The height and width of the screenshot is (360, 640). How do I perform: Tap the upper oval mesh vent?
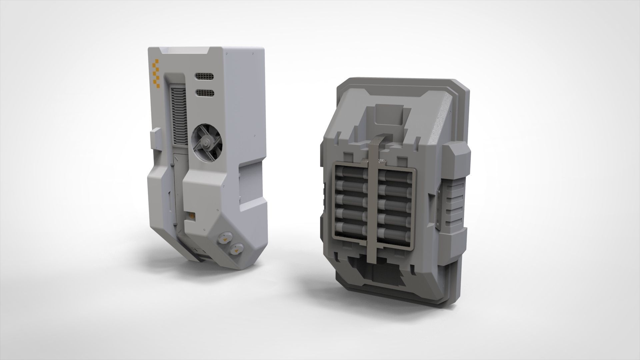point(204,77)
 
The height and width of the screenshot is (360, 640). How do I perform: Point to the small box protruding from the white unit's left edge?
point(156,139)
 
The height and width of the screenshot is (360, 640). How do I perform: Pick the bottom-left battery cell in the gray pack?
point(350,229)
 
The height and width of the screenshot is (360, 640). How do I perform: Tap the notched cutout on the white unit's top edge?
point(185,52)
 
